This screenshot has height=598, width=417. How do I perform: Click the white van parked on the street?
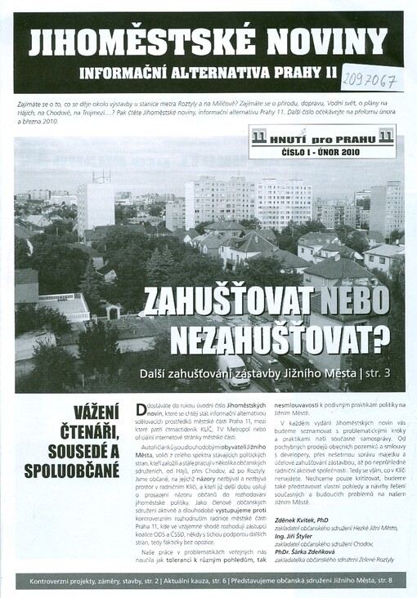[234, 371]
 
